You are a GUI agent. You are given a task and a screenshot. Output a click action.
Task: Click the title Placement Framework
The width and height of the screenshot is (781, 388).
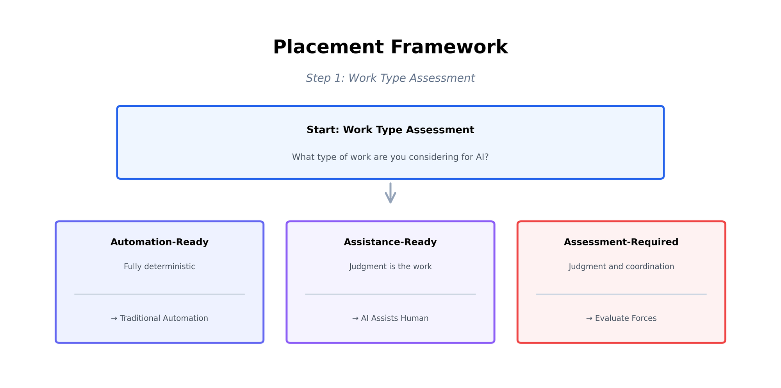[x=390, y=47]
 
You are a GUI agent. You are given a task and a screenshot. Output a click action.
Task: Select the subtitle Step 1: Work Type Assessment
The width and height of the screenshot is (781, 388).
[x=390, y=78]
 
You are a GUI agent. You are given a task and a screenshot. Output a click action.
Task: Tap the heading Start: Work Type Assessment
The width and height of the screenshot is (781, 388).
[x=390, y=130]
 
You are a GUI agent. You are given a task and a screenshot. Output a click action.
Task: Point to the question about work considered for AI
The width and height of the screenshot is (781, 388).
[x=390, y=157]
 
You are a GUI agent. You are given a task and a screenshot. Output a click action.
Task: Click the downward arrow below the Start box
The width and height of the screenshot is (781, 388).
[x=390, y=193]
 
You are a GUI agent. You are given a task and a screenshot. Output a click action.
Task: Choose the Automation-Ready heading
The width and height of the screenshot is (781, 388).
[x=159, y=242]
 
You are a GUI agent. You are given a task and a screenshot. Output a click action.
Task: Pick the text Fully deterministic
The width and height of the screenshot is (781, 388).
[x=159, y=266]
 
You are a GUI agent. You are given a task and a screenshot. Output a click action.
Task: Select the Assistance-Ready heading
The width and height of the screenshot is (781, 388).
[x=390, y=242]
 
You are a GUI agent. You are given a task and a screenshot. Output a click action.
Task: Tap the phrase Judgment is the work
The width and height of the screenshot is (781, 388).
[x=390, y=266]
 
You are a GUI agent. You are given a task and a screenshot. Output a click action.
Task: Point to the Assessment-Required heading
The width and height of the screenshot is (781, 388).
[x=621, y=242]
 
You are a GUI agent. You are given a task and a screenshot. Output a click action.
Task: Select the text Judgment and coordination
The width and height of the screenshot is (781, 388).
[x=621, y=266]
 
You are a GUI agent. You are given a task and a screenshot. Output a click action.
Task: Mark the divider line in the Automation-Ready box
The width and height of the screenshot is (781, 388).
[x=159, y=294]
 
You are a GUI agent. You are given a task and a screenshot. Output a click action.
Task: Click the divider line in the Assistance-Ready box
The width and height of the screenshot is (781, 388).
[x=390, y=294]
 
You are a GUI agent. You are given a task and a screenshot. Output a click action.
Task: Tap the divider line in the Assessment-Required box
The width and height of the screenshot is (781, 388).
[x=621, y=294]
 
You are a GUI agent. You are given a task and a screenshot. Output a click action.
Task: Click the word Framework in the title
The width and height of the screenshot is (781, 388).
[x=449, y=47]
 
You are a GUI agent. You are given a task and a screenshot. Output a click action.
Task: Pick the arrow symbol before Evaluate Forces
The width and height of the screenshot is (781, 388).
[x=589, y=318]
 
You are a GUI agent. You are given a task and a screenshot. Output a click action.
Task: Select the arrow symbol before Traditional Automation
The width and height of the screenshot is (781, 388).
[x=114, y=318]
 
